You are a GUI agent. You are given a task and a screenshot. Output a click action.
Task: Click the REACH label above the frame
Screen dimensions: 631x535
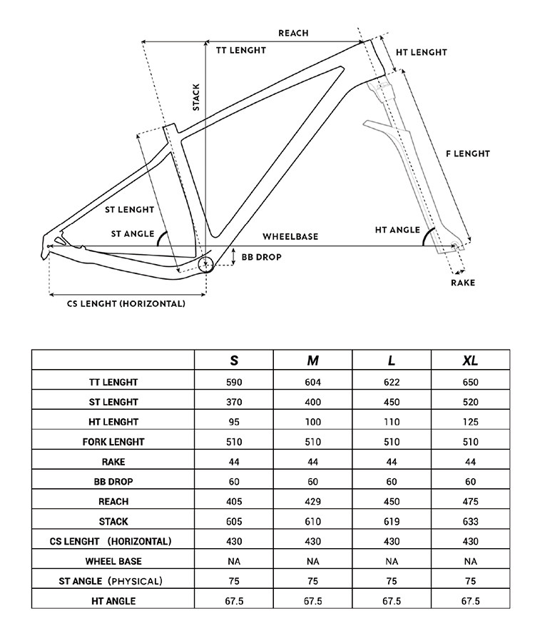point(293,33)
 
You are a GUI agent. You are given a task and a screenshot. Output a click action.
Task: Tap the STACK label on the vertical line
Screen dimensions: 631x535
point(196,98)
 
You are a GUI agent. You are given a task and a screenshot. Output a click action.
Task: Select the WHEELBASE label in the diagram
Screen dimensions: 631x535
point(290,236)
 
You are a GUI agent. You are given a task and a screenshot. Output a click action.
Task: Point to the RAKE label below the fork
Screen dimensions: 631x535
point(462,283)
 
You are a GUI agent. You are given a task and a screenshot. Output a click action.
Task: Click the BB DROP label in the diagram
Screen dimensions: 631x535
point(261,257)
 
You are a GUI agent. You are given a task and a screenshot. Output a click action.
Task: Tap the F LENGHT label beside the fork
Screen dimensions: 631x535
point(468,153)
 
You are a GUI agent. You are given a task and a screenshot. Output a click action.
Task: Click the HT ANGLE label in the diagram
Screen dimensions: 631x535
point(397,230)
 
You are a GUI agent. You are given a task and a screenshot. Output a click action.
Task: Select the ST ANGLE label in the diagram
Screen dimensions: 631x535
point(133,233)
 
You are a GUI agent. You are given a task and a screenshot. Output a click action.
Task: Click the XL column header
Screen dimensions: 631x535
point(470,360)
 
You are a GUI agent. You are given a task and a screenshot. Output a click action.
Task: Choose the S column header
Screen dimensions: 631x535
point(234,360)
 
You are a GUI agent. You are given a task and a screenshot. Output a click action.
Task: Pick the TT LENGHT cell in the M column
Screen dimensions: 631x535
point(312,382)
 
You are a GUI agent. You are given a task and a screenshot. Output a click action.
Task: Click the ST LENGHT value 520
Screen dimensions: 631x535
point(470,402)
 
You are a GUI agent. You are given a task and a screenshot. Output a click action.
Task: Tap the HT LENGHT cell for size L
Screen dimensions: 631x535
point(392,422)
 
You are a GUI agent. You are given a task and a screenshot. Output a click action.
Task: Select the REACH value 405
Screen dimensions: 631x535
point(234,502)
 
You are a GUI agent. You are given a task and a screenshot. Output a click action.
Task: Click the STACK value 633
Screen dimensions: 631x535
point(470,522)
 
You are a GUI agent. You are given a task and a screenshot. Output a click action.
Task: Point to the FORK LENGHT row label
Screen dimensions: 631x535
point(113,442)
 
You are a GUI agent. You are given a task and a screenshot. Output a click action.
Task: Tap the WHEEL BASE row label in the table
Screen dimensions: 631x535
point(113,562)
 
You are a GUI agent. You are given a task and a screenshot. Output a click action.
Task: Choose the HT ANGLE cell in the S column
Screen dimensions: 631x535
point(234,601)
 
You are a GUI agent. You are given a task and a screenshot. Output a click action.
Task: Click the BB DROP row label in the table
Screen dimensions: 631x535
point(113,482)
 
